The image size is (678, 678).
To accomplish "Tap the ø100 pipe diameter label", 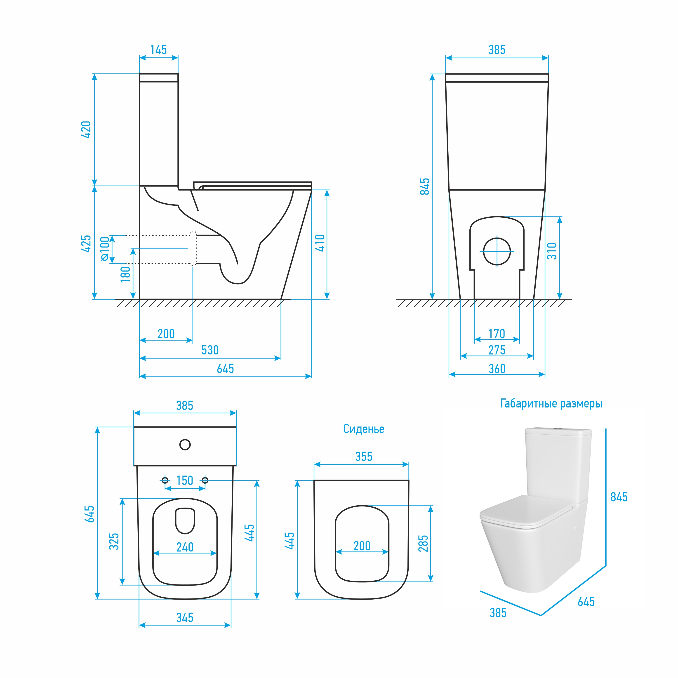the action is coord(105,249).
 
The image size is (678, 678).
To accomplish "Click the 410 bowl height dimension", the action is coord(320,243).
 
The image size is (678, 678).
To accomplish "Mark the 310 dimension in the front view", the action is coord(552,251).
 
